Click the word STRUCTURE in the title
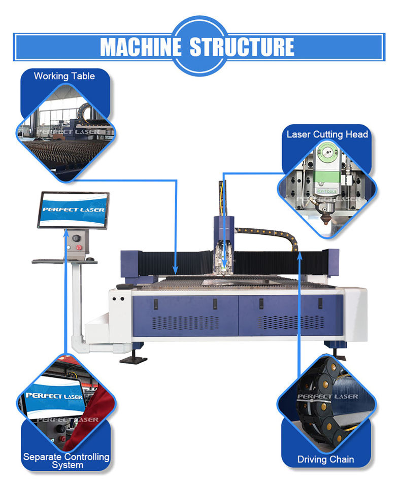[x=241, y=47]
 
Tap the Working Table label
[x=64, y=76]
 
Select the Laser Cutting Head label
[x=327, y=134]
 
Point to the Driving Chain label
[x=325, y=460]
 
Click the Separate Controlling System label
[x=66, y=461]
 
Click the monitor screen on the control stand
[x=74, y=210]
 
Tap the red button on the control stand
[x=79, y=248]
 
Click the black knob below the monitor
[x=77, y=237]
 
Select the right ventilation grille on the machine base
[x=290, y=322]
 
